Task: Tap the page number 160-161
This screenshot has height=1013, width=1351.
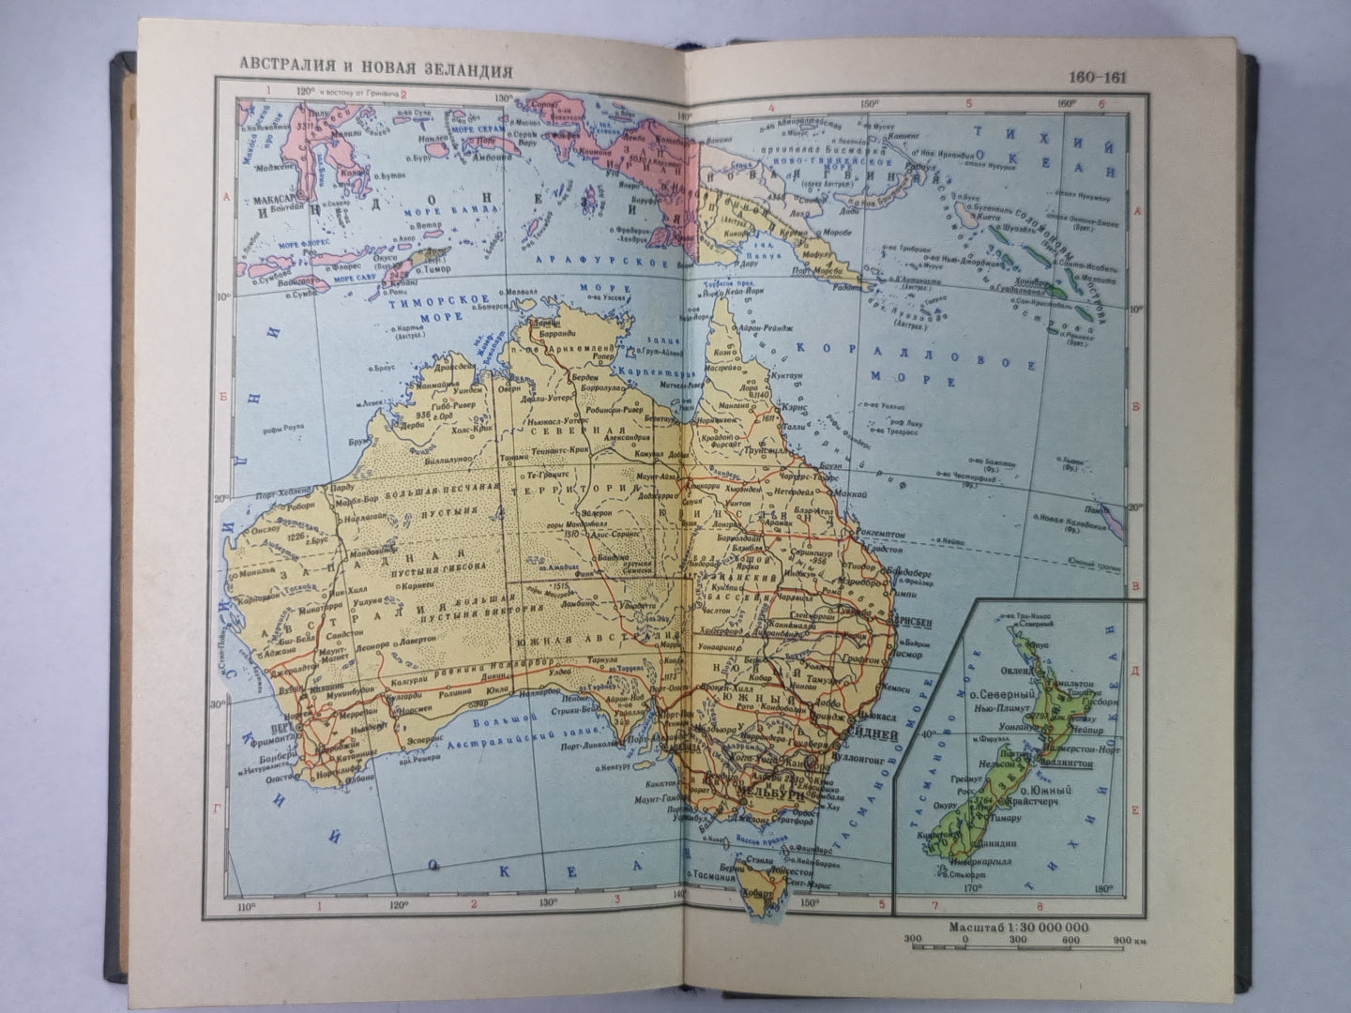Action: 1097,78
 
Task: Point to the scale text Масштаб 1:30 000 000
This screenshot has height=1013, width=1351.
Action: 1019,928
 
